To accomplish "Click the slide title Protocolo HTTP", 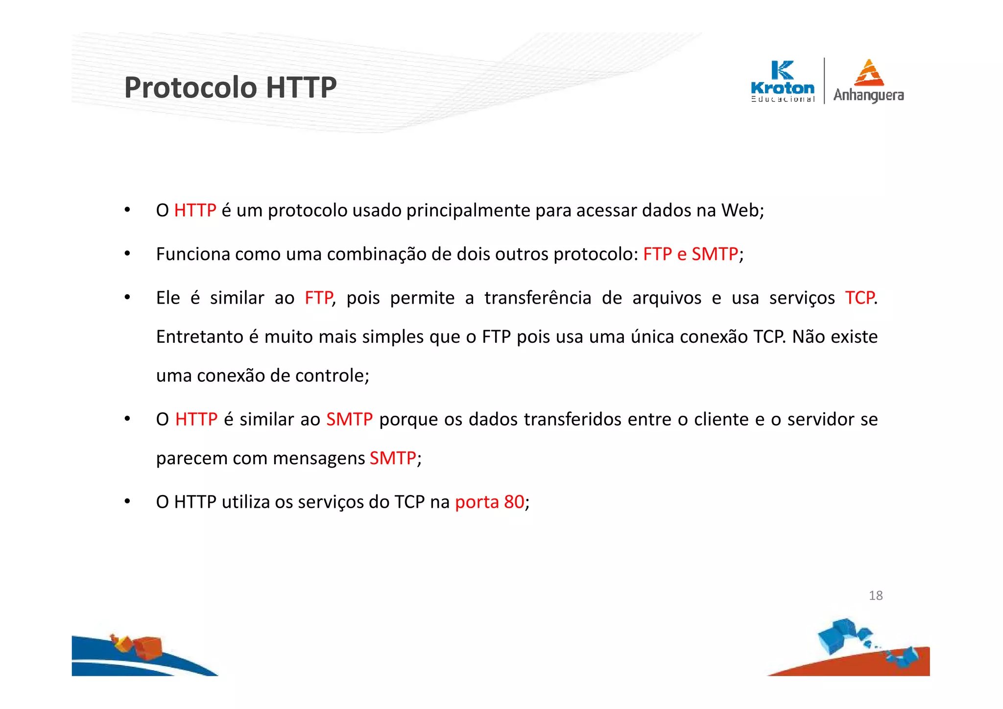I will click(x=230, y=88).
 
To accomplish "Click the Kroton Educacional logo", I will click(x=783, y=81).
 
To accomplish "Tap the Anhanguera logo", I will click(x=868, y=81).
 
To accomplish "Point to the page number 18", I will click(x=875, y=595).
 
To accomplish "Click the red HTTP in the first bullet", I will click(x=195, y=211).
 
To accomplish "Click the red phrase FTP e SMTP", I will click(x=690, y=254).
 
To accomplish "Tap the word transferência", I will click(x=538, y=298).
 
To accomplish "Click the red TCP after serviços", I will click(x=860, y=298).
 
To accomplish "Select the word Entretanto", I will click(x=200, y=337).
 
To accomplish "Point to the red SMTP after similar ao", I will click(x=349, y=420).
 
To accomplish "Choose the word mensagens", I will click(x=318, y=458).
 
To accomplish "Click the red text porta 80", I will click(x=489, y=502).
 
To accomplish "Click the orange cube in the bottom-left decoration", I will click(x=148, y=647).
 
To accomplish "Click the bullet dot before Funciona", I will click(x=127, y=254).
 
